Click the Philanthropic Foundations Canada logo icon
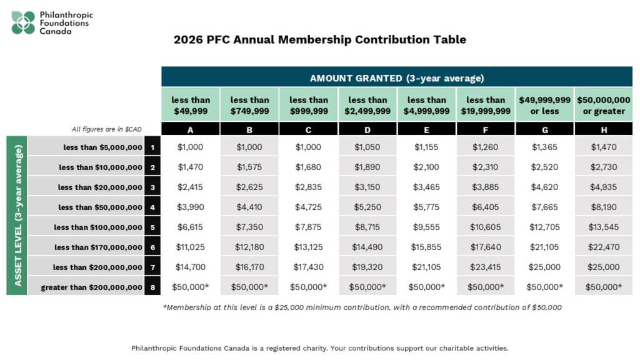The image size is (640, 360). point(24,22)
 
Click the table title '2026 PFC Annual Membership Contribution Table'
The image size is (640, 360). point(320,40)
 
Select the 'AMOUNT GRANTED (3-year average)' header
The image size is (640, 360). point(397,78)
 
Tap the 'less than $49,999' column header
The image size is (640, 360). point(191,105)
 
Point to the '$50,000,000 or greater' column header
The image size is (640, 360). point(604,105)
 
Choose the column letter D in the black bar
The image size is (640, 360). point(367,129)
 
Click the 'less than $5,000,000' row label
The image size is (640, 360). point(102,147)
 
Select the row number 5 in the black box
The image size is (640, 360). point(152,227)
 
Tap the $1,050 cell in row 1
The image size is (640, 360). point(367,147)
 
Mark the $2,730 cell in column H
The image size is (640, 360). point(604,167)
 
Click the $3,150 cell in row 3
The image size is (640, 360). point(367,187)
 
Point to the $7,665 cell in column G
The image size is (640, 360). point(544,207)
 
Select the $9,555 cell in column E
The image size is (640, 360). point(427,227)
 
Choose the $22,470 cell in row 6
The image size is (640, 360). point(604,247)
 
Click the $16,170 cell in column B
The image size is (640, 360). point(249,267)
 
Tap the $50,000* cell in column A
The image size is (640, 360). point(191,287)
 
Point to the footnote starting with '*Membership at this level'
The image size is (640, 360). point(362,307)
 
